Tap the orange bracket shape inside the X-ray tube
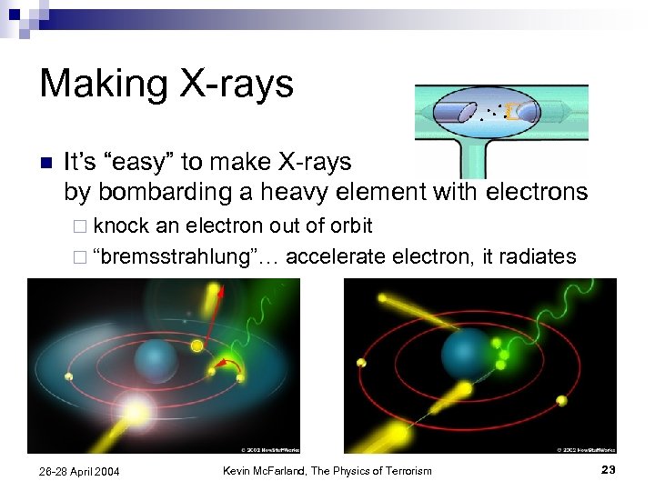tap(512, 111)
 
